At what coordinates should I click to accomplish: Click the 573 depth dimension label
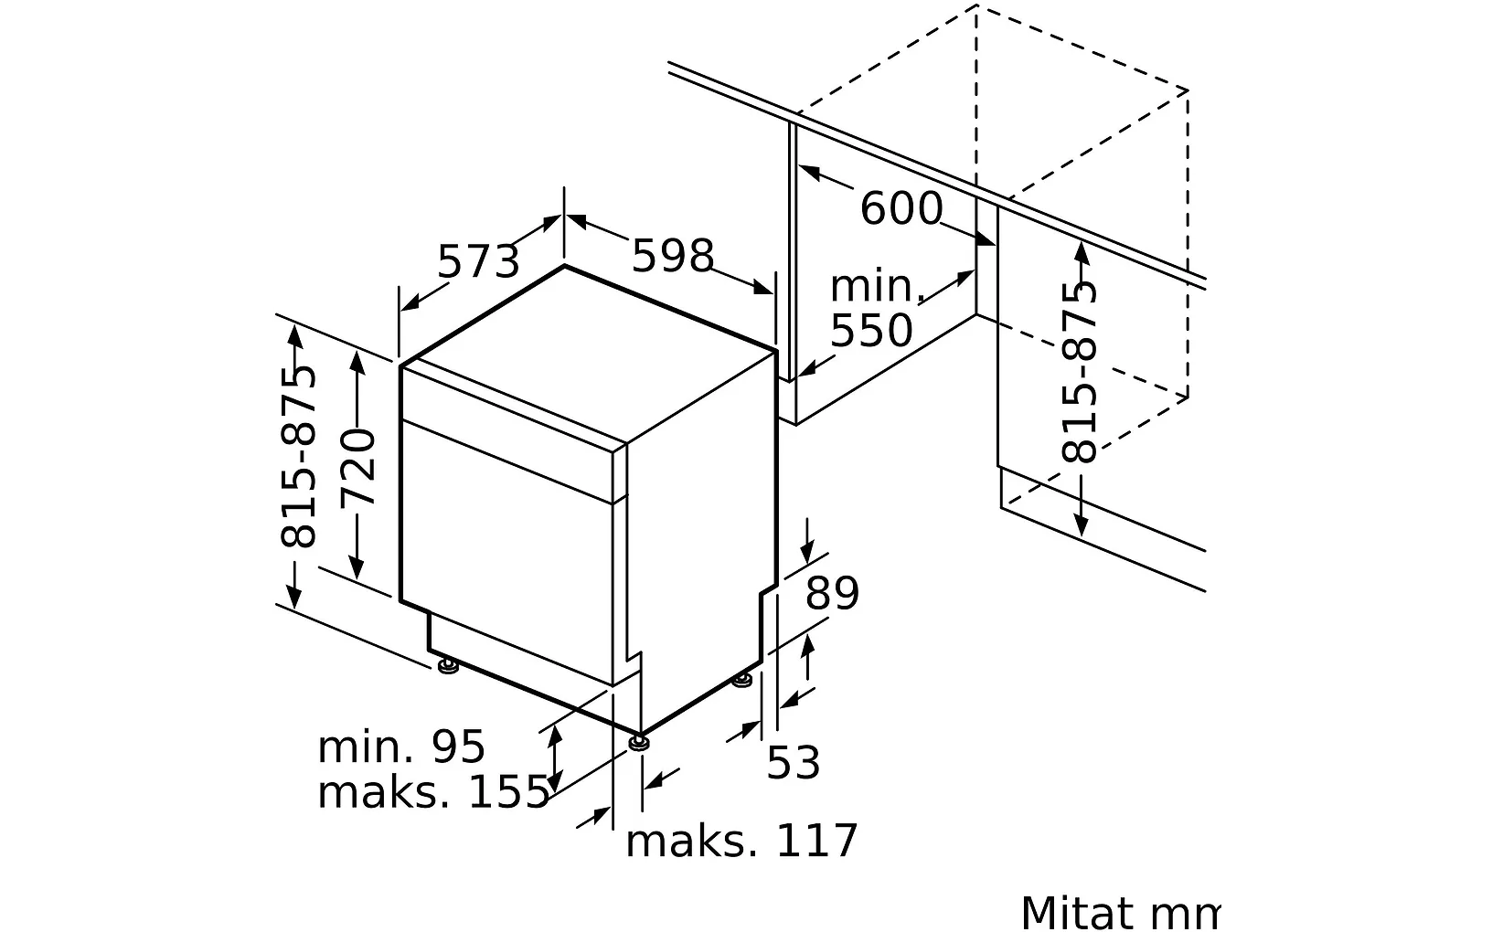pos(477,262)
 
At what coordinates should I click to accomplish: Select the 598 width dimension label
pos(672,256)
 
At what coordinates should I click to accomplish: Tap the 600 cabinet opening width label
pos(901,209)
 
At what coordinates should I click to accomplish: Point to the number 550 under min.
pos(870,331)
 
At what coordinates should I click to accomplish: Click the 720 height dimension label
pos(357,467)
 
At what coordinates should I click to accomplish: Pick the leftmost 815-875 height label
pos(298,457)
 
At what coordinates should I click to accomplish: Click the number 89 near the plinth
pos(832,594)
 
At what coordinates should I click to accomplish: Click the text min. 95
pos(400,747)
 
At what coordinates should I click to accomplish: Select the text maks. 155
pos(432,792)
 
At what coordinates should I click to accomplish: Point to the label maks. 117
pos(741,841)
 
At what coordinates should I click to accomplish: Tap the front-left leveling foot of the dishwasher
pos(448,668)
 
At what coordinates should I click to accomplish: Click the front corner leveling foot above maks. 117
pos(639,741)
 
